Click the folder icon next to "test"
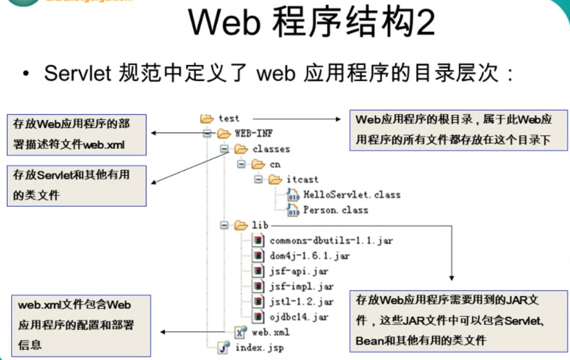tap(206, 119)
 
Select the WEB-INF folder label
tap(253, 134)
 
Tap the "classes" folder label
tap(271, 149)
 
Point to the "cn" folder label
tap(275, 165)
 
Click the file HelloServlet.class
tap(352, 195)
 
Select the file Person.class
tap(336, 210)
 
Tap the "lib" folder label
tap(260, 226)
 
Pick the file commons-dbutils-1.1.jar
tap(331, 241)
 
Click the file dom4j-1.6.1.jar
tap(309, 256)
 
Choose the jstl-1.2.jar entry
tap(301, 301)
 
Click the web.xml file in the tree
tap(271, 332)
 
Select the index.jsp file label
tap(259, 347)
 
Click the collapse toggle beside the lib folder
tap(224, 226)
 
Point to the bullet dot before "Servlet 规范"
tap(26, 75)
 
